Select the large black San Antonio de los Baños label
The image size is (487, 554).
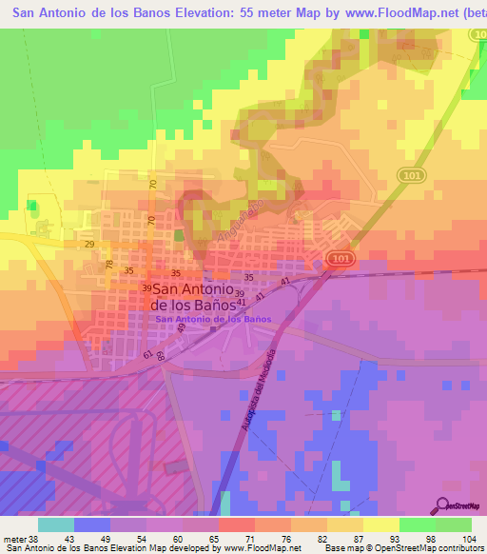tap(193, 297)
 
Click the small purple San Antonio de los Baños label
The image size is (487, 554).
tap(212, 320)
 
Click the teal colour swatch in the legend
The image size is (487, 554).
tap(56, 524)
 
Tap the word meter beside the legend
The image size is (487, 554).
tap(12, 539)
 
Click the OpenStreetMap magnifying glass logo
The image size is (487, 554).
tap(443, 505)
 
